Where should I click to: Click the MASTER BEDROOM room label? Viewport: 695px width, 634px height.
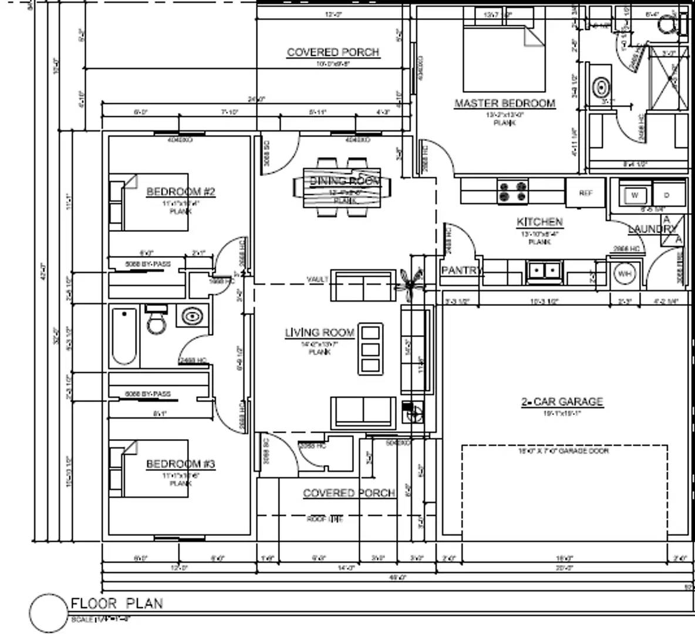[x=504, y=103]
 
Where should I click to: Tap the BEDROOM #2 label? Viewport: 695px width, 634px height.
[x=181, y=192]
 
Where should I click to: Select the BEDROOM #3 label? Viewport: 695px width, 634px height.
[x=181, y=464]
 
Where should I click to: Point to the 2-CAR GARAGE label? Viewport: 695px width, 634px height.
[x=562, y=402]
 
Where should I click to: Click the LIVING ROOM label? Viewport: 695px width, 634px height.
[x=320, y=333]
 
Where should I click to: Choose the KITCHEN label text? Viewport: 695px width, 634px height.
[x=539, y=222]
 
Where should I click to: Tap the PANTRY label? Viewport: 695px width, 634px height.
[x=461, y=271]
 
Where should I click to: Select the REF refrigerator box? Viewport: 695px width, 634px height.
[x=585, y=193]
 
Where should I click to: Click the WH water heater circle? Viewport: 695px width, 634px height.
[x=624, y=274]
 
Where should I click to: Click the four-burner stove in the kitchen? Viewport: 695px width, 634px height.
[x=513, y=192]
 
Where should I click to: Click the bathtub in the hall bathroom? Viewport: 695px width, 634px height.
[x=124, y=336]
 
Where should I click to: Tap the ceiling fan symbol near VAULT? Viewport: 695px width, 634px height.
[x=409, y=279]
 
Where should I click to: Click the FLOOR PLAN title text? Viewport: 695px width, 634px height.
[x=117, y=603]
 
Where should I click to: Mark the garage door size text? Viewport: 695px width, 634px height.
[x=563, y=451]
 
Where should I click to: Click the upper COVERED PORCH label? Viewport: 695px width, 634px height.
[x=333, y=52]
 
